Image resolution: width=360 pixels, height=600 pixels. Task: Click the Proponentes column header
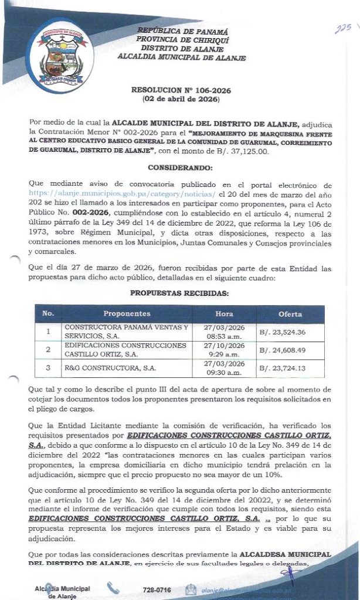click(x=127, y=314)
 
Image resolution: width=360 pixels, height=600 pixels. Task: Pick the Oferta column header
click(x=290, y=314)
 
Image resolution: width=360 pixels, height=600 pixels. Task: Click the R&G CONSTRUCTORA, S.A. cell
click(x=110, y=369)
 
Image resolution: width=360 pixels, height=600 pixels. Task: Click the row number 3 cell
click(x=48, y=369)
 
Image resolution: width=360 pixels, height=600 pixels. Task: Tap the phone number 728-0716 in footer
click(x=157, y=589)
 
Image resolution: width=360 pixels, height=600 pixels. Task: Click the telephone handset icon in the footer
click(x=113, y=589)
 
